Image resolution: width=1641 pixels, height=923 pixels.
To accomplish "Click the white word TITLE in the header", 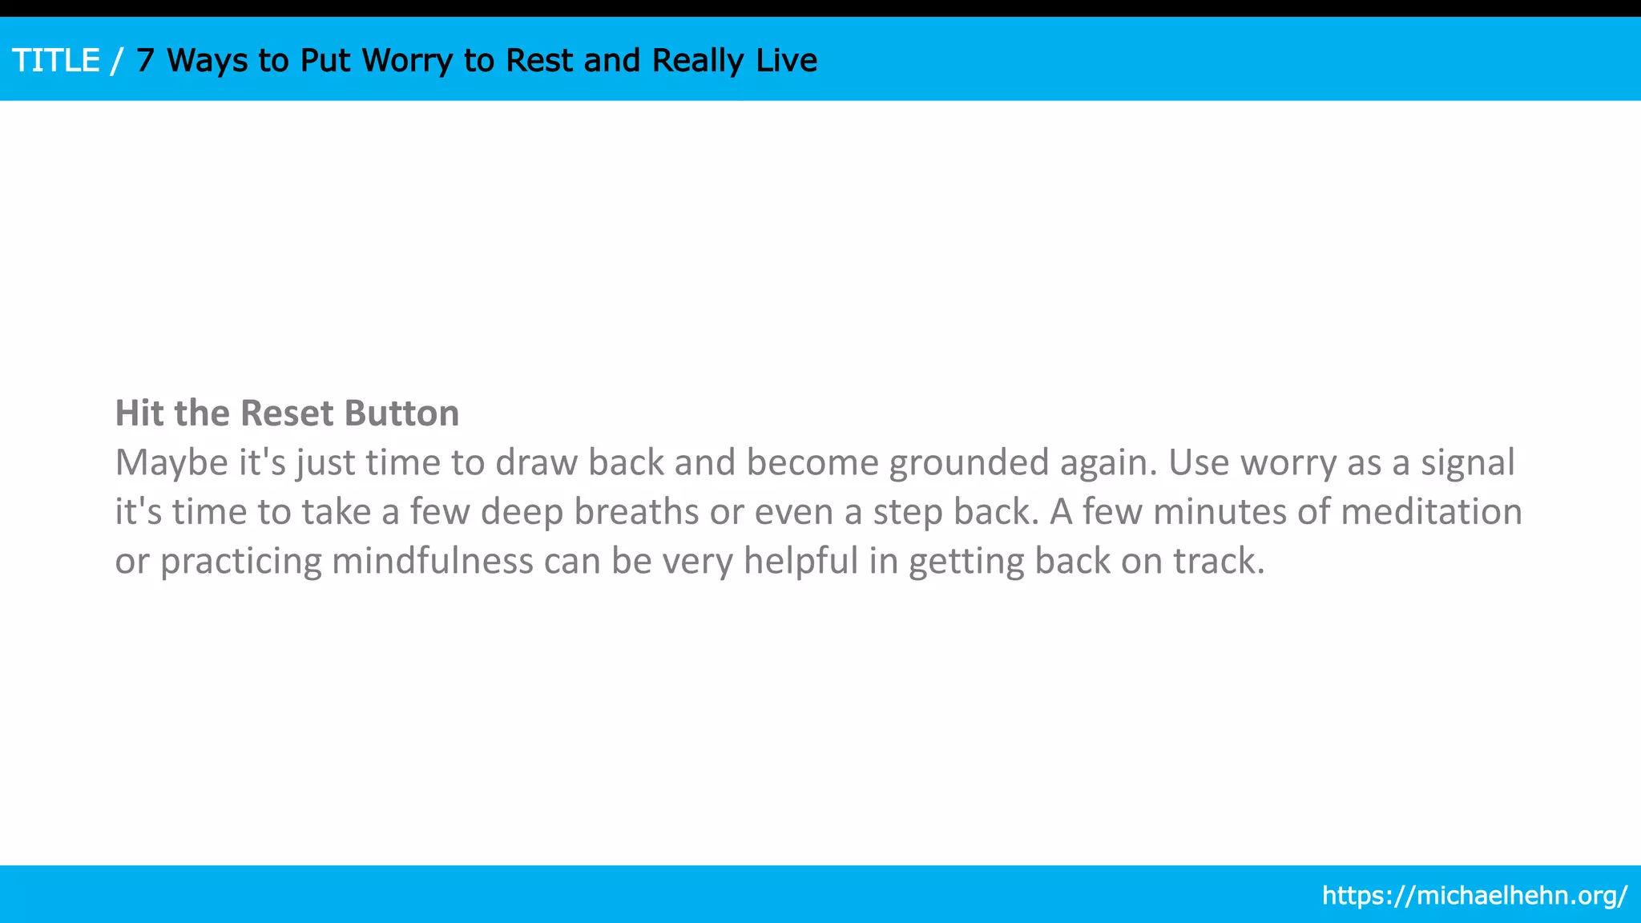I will coord(56,61).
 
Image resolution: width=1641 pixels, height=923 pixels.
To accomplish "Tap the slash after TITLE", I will coord(118,61).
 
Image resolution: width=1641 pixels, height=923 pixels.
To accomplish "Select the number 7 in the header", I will coord(145,61).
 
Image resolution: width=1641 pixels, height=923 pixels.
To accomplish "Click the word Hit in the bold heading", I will coord(140,413).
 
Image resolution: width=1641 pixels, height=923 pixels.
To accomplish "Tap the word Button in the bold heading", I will coord(401,413).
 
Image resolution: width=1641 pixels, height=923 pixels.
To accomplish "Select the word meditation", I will coord(1432,512).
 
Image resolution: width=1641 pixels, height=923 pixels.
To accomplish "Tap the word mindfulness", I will coord(433,562).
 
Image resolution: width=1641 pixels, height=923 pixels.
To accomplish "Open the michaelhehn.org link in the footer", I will coord(1474,895).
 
